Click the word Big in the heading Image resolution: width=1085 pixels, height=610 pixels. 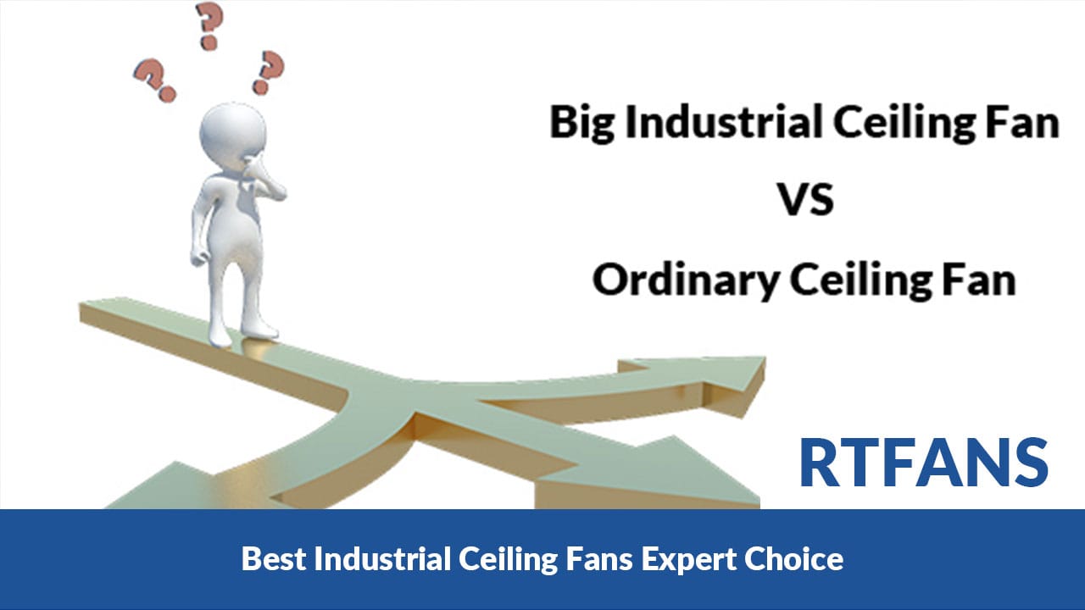(x=582, y=124)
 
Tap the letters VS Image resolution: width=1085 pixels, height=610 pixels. (x=806, y=199)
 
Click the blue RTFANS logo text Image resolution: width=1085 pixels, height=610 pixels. (x=924, y=463)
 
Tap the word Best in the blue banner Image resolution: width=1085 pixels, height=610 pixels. (x=274, y=558)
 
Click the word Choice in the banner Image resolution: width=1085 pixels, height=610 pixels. (x=794, y=558)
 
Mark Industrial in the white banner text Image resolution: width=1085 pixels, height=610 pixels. (x=382, y=558)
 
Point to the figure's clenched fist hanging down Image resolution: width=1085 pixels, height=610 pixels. (x=198, y=258)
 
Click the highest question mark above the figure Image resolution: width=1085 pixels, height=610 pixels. (x=209, y=25)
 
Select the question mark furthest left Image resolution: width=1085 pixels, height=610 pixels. (x=155, y=80)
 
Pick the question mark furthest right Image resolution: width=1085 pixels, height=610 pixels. (x=268, y=72)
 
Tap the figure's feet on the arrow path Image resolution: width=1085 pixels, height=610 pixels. (x=243, y=334)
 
